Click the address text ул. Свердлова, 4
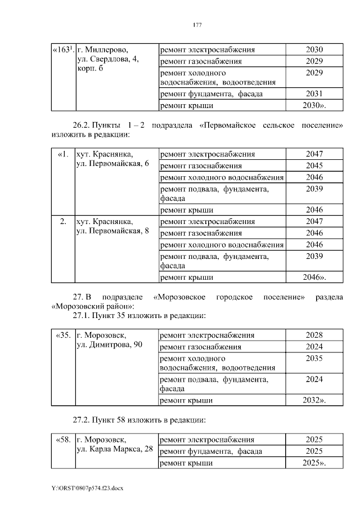click(107, 59)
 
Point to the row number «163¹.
click(64, 50)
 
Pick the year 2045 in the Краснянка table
click(314, 165)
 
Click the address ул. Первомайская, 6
click(112, 164)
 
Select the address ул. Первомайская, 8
click(112, 230)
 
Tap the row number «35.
click(64, 335)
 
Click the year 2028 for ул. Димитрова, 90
click(314, 335)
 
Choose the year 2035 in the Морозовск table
click(314, 358)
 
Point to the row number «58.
click(64, 439)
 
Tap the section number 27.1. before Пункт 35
click(81, 315)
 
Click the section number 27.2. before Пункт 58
click(81, 419)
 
